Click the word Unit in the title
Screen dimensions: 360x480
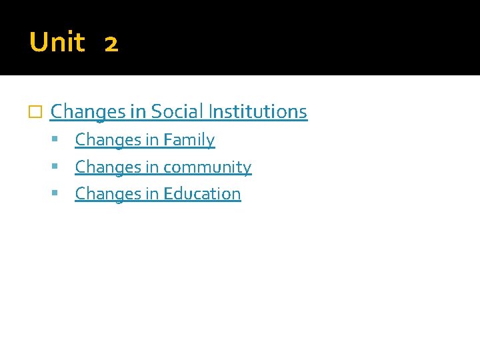(x=57, y=43)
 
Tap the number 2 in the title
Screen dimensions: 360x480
(x=111, y=45)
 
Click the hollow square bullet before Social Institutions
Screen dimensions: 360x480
(x=37, y=112)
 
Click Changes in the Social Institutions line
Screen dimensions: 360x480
(x=88, y=112)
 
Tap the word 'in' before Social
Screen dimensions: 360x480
(x=138, y=111)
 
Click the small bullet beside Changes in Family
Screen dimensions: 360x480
(x=61, y=140)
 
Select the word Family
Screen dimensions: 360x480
(x=189, y=140)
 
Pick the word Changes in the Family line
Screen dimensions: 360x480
(x=108, y=141)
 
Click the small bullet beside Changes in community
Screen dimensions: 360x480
(x=61, y=167)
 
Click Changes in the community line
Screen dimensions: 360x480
(x=108, y=167)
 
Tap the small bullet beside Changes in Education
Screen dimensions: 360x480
(x=61, y=193)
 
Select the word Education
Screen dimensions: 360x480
(x=202, y=193)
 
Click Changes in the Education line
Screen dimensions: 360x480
(x=108, y=194)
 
